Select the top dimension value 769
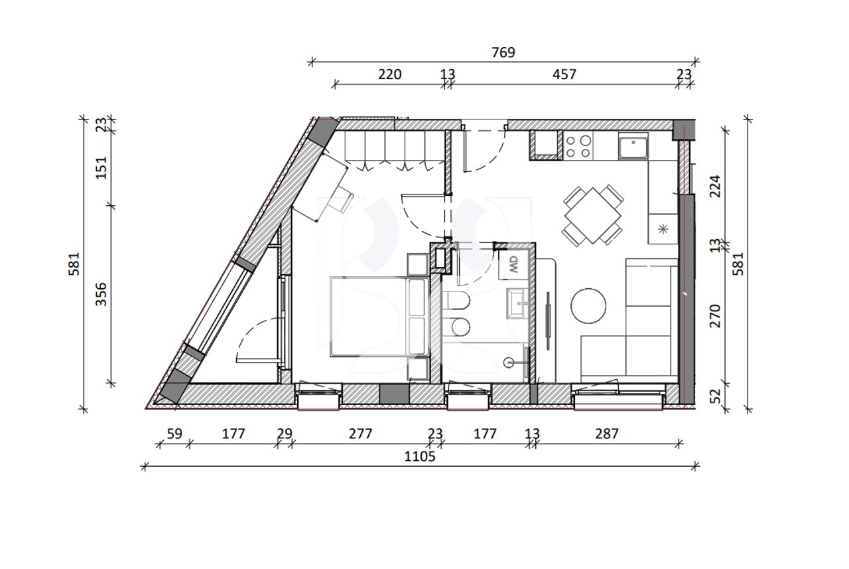503,52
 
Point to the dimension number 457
564,74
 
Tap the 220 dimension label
389,74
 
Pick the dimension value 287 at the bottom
606,434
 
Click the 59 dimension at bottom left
174,434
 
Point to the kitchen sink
633,146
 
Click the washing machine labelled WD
514,268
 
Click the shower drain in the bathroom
509,363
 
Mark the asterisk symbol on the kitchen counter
662,230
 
